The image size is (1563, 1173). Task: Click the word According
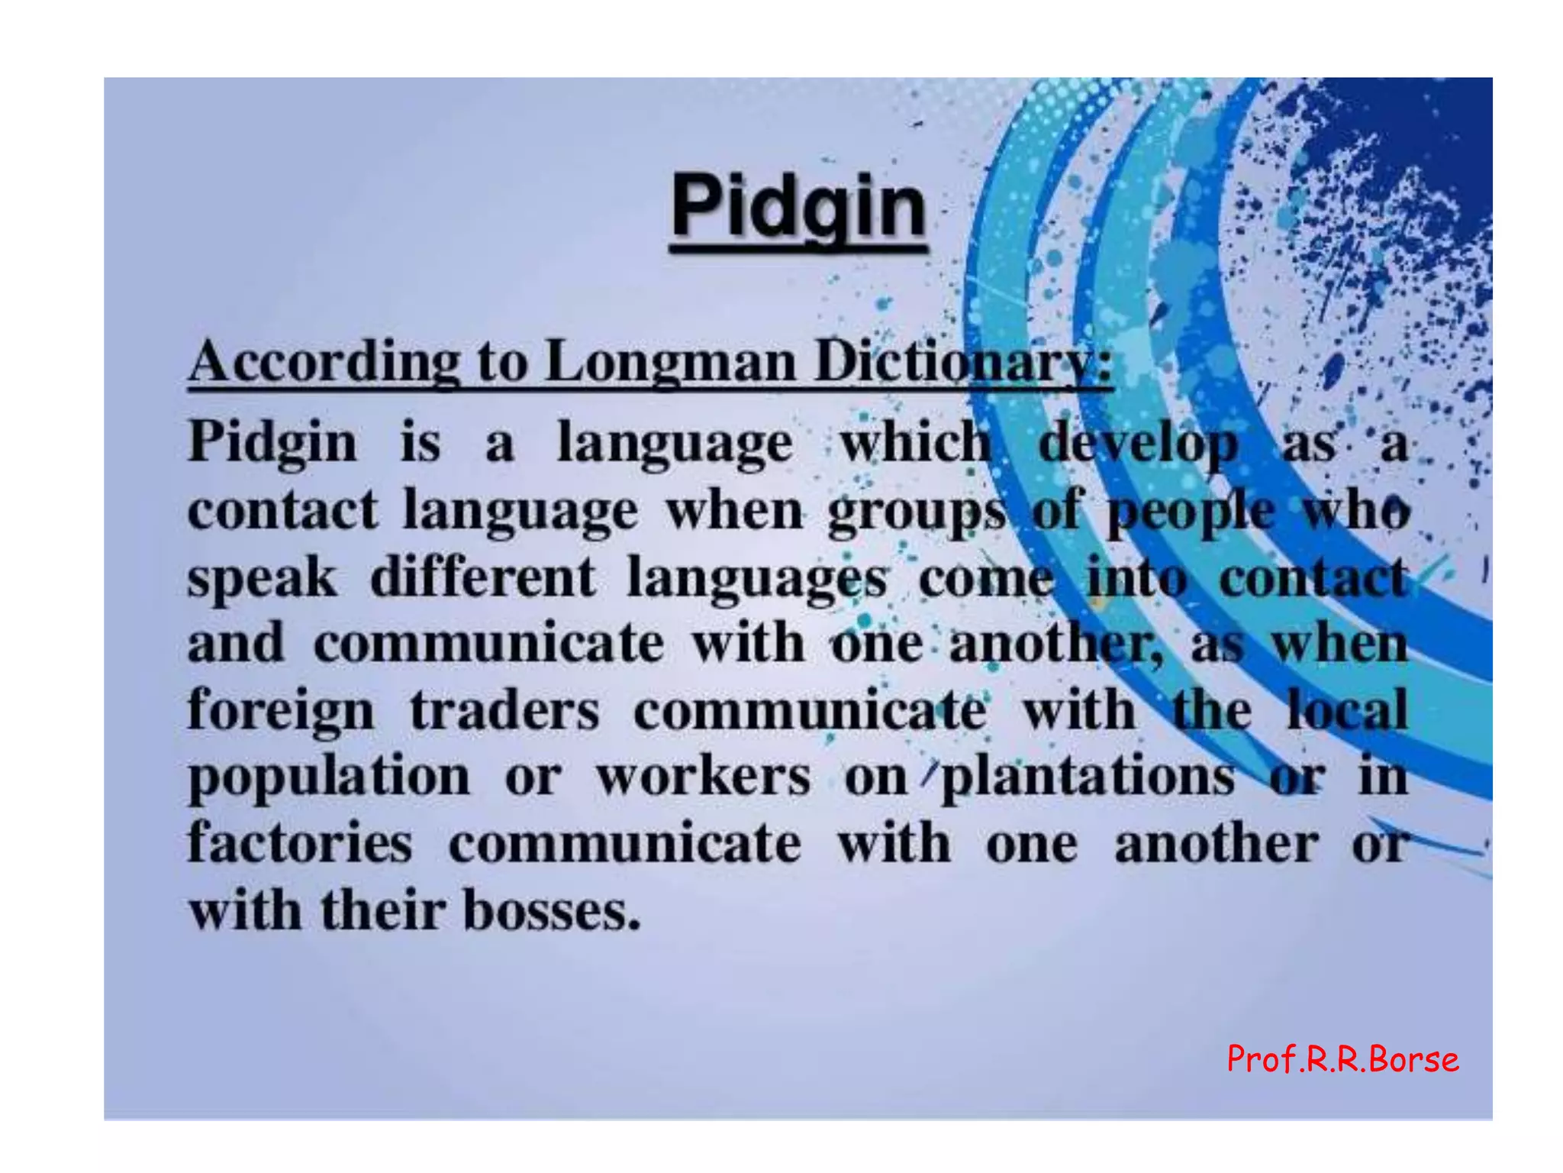point(324,361)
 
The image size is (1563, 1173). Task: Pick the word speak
point(262,578)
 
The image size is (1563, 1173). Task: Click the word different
point(482,578)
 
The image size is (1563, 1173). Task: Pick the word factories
point(300,844)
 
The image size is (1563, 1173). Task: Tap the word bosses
point(552,911)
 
